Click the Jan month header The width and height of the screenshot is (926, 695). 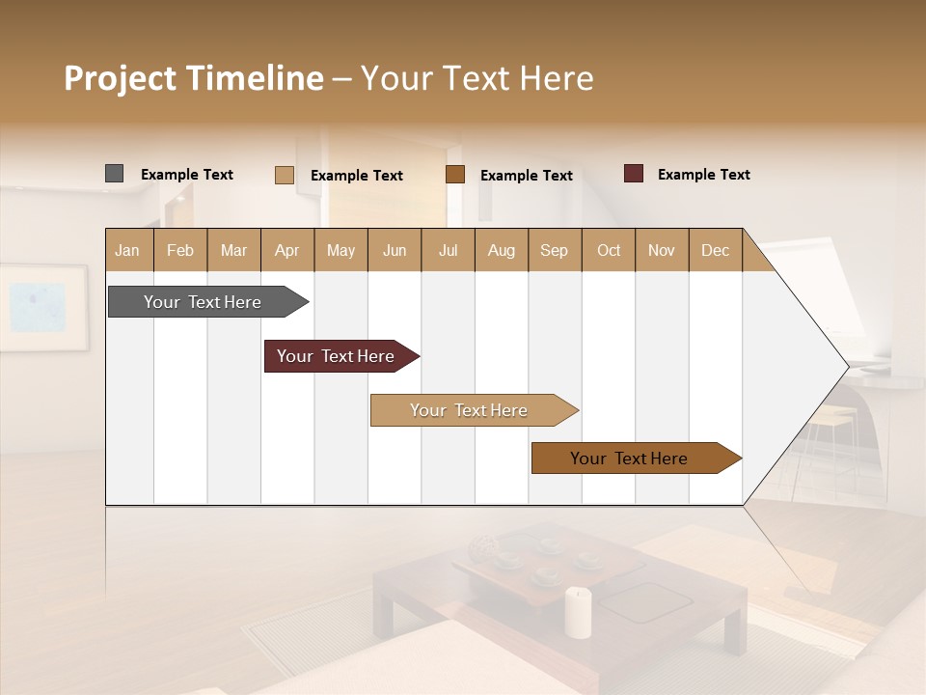point(127,250)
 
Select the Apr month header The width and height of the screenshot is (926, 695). point(286,250)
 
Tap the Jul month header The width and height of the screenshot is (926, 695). point(448,250)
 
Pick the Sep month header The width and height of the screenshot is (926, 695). point(554,250)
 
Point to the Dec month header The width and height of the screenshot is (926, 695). point(715,250)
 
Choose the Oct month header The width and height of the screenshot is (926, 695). point(609,250)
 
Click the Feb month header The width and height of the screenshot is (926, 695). point(180,250)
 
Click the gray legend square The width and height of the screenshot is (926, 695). point(114,174)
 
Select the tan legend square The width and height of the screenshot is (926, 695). point(284,175)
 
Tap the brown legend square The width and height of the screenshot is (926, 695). point(455,175)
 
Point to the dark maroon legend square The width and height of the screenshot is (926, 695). point(633,174)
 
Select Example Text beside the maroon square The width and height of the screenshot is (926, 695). point(703,175)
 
